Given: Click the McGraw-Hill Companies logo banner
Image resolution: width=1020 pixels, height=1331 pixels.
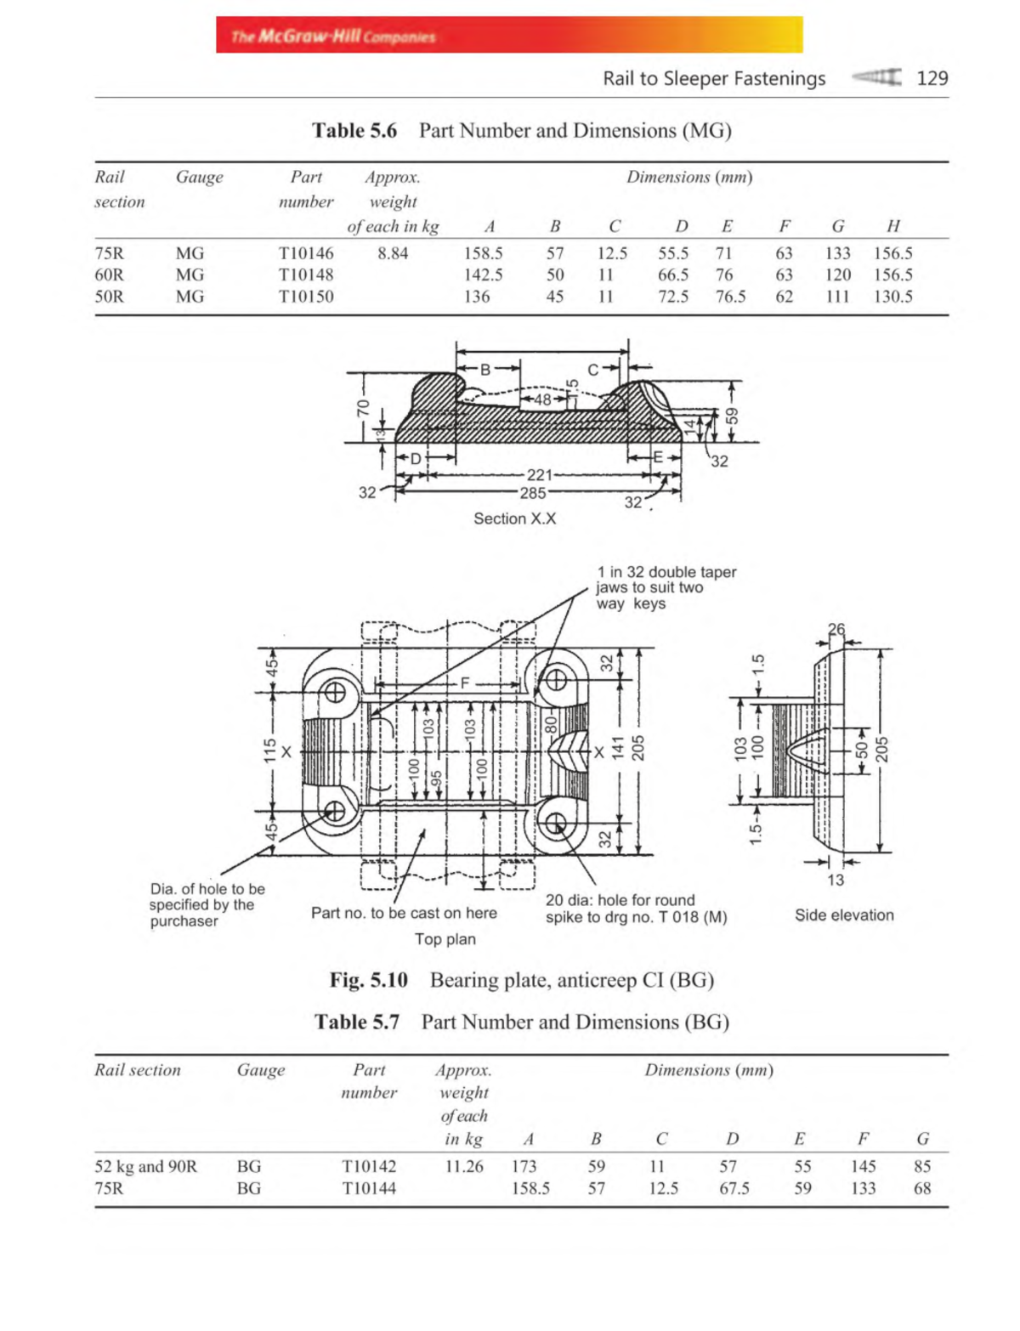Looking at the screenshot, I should [508, 35].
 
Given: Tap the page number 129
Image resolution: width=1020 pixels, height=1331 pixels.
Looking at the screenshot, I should [932, 78].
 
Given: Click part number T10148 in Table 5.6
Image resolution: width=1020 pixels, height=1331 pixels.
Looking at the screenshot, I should [306, 275].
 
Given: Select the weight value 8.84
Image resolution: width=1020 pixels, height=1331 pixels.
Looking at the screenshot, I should [393, 253].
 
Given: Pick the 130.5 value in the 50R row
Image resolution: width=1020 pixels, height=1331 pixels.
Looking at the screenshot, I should [892, 297].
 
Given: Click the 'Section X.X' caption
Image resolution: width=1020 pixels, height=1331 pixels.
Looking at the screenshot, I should [514, 518].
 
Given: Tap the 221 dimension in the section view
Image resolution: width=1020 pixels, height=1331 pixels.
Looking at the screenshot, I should [539, 475].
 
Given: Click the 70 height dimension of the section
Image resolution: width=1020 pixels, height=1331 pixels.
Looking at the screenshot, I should [363, 407].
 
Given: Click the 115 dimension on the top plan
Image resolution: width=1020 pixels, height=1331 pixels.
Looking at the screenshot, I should [269, 750].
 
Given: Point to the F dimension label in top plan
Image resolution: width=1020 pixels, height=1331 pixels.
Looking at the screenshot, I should [465, 682].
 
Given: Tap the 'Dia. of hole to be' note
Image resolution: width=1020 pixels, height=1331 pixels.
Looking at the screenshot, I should [207, 889].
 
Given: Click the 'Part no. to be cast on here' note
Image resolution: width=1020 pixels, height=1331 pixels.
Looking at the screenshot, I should [404, 913].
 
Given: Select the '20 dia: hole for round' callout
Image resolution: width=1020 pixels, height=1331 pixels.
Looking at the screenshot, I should [620, 900].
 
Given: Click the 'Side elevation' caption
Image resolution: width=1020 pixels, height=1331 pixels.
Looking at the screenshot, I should [844, 915].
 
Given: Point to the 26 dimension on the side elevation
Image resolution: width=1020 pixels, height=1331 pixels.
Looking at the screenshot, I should [836, 630].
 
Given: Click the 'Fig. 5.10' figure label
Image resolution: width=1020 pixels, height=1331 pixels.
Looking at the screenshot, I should [368, 980].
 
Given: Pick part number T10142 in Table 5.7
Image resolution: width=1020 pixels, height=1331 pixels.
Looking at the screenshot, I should [368, 1167].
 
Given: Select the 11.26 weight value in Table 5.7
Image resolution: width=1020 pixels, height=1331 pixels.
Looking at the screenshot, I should [464, 1167].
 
